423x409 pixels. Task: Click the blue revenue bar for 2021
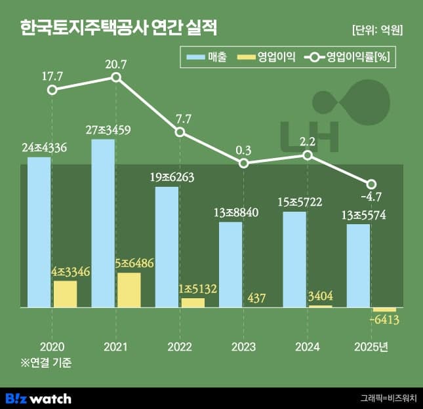click(103, 223)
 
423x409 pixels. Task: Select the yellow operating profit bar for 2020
click(65, 294)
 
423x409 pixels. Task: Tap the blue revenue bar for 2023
click(230, 264)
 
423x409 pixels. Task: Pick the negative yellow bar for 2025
click(384, 309)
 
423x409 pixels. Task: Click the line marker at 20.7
click(116, 77)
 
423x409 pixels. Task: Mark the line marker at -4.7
click(371, 184)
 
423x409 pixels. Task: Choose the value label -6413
click(384, 321)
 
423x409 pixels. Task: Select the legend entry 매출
click(206, 58)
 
